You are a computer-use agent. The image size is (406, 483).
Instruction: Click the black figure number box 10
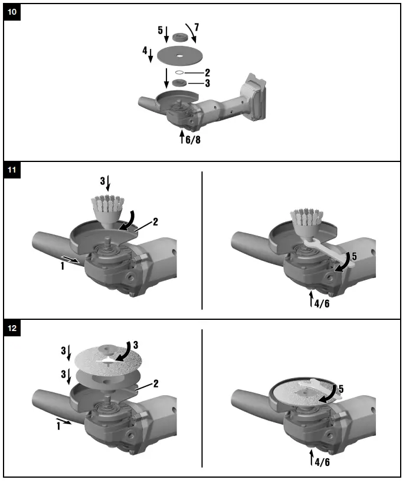pos(12,12)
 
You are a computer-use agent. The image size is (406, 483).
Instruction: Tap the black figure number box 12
pos(12,329)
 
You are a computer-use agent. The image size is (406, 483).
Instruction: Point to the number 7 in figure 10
pos(197,27)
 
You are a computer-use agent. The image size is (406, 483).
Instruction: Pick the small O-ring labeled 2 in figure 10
pos(178,73)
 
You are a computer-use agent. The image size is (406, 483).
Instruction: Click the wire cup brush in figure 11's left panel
pos(106,207)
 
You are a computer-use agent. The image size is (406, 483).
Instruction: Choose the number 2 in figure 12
pos(155,383)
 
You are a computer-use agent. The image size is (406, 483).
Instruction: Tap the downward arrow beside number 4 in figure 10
pos(152,55)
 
